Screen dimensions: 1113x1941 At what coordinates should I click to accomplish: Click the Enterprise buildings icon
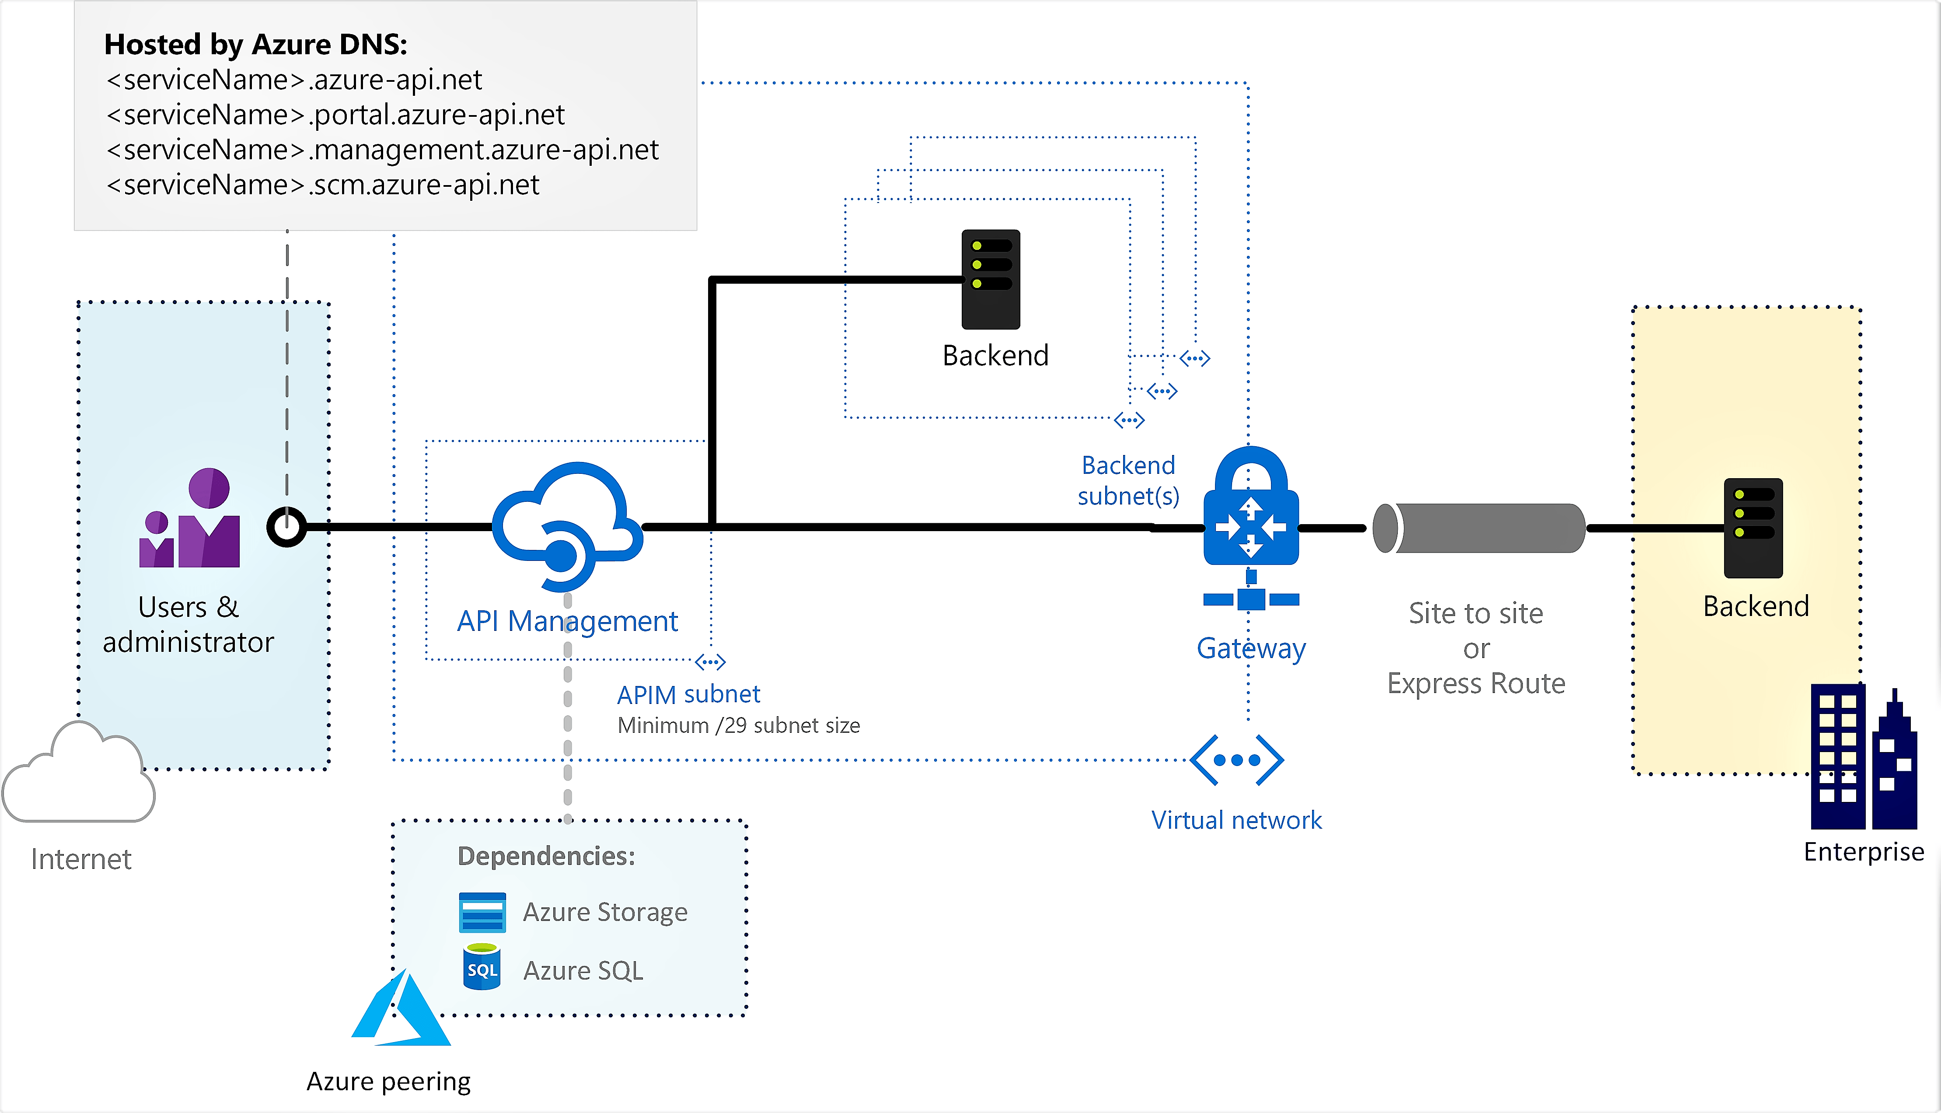(x=1863, y=757)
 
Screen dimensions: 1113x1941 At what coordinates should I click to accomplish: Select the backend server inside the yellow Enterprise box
(x=1753, y=528)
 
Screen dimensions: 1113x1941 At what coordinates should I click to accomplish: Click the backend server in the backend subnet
(x=990, y=279)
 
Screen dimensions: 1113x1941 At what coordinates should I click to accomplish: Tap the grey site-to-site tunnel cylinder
(x=1479, y=528)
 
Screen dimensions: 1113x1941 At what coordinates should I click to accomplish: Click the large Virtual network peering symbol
(x=1236, y=760)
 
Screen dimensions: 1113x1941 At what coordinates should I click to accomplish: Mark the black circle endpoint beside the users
(x=286, y=527)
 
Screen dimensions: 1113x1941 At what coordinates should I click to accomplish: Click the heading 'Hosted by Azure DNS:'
(x=255, y=44)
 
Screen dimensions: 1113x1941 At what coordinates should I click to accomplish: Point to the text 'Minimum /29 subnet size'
(x=738, y=725)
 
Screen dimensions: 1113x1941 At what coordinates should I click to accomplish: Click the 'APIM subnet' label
(x=688, y=694)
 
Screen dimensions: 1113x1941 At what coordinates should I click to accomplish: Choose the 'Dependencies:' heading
(x=546, y=856)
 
